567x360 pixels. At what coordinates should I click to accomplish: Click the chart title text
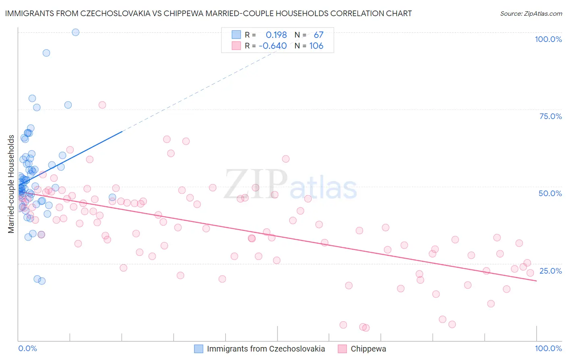[208, 13]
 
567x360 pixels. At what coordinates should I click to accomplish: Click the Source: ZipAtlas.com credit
[531, 14]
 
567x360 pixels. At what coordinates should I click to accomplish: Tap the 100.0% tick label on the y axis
[548, 39]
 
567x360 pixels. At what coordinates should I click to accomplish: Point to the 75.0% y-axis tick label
[550, 116]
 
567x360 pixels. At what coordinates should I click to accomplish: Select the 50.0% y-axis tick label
[550, 193]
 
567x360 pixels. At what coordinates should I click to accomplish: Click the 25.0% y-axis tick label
[550, 271]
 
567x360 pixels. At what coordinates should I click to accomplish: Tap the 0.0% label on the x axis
[27, 348]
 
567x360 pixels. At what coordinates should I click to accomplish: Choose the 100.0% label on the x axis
[548, 348]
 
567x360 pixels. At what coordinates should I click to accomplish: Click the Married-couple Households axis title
[11, 184]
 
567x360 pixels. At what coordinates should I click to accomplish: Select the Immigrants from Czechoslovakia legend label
[266, 349]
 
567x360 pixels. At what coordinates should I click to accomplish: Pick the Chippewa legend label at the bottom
[368, 349]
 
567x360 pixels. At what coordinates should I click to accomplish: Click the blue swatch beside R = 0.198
[236, 35]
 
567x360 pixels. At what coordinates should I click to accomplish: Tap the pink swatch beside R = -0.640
[236, 46]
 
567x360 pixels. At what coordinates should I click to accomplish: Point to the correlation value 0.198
[276, 35]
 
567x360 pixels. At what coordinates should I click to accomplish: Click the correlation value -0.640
[273, 46]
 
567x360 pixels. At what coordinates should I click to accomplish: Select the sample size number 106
[316, 46]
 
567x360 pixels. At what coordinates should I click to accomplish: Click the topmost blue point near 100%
[75, 32]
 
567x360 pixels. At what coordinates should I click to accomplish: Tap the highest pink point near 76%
[102, 105]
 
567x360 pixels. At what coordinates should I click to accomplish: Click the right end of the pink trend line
[536, 280]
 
